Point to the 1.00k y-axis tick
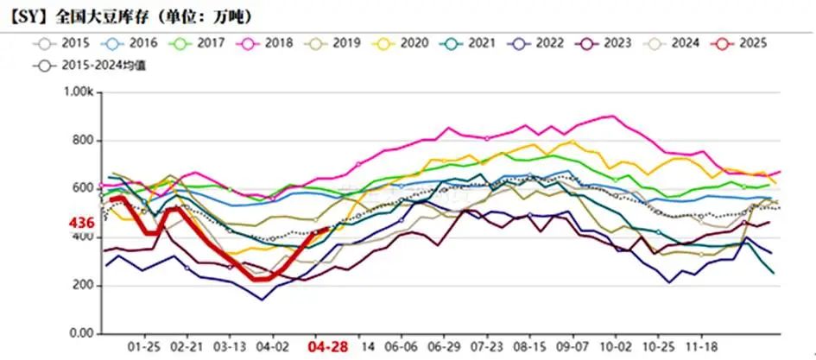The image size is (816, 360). (x=80, y=92)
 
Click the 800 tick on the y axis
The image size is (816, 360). (x=85, y=140)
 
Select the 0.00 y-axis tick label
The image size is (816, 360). (x=82, y=334)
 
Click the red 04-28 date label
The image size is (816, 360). (x=328, y=347)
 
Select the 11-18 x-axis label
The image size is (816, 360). (x=712, y=347)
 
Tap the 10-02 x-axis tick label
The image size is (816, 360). (x=615, y=347)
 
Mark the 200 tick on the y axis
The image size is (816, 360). (x=85, y=286)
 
